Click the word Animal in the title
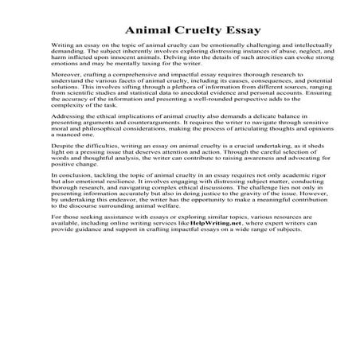[147, 32]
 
